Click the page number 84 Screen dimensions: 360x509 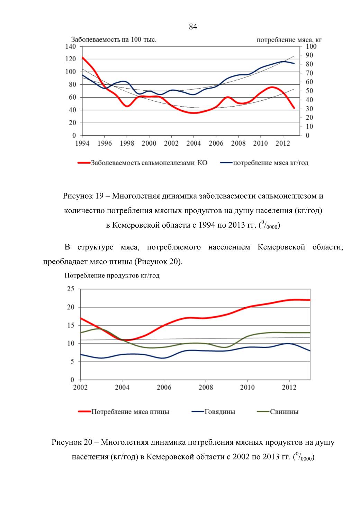(193, 27)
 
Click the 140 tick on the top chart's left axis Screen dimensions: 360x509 (71, 47)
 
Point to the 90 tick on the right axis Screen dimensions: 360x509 (309, 55)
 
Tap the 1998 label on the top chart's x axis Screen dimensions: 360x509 (127, 143)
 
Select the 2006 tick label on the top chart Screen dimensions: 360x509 (216, 143)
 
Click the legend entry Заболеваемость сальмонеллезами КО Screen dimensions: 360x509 (142, 163)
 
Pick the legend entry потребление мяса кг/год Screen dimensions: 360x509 (264, 163)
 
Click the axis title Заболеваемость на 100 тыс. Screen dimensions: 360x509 (114, 39)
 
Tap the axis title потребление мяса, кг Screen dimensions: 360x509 (289, 40)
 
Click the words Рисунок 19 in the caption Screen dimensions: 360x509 (83, 196)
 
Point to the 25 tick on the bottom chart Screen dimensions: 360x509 (71, 289)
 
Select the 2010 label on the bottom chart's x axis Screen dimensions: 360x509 (247, 388)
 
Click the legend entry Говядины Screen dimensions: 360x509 (214, 412)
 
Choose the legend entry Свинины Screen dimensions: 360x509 (278, 412)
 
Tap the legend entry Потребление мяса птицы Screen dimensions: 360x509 (124, 412)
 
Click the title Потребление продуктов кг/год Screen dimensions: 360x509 (112, 276)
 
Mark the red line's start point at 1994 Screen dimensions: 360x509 (82, 57)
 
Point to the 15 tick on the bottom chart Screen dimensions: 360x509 (71, 325)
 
